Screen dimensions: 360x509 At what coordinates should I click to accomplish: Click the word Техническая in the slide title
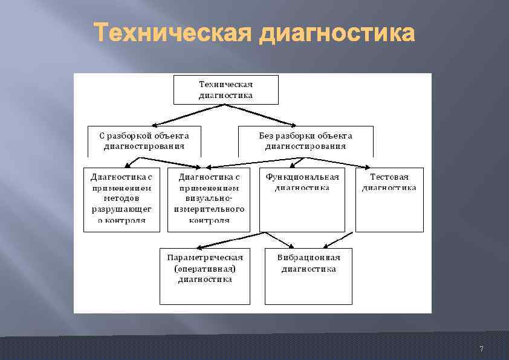[173, 33]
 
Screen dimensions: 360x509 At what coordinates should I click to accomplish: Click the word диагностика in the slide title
[337, 33]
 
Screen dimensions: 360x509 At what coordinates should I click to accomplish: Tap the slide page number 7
[481, 349]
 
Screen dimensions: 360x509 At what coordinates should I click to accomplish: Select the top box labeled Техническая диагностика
[226, 90]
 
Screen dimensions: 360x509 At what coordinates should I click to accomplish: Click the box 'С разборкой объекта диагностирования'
[144, 141]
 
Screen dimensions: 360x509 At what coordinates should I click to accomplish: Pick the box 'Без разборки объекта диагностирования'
[305, 141]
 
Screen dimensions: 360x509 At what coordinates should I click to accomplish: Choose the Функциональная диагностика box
[302, 200]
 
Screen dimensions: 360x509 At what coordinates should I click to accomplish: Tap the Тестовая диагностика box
[389, 200]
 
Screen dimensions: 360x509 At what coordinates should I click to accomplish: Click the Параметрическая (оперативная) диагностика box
[205, 275]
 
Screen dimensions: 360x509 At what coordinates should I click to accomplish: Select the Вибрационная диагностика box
[308, 275]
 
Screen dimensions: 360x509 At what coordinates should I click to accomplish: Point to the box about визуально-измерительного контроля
[209, 200]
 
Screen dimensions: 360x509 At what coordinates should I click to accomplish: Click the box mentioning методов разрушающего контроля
[122, 200]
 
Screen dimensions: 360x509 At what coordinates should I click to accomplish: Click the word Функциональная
[302, 177]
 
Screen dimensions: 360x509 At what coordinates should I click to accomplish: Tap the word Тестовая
[389, 177]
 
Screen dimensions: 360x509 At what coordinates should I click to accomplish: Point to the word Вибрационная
[308, 258]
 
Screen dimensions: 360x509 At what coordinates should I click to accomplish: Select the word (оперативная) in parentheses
[205, 269]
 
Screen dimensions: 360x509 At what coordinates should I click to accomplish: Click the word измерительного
[209, 209]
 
